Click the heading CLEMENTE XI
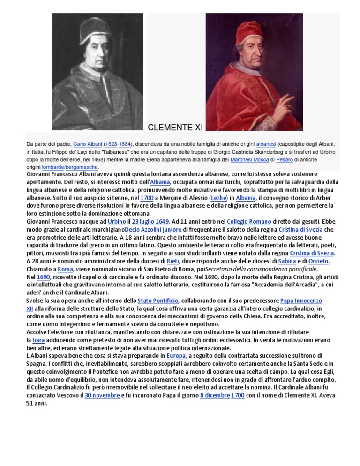pyautogui.click(x=175, y=127)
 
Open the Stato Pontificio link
pyautogui.click(x=158, y=301)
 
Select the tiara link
pyautogui.click(x=34, y=340)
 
